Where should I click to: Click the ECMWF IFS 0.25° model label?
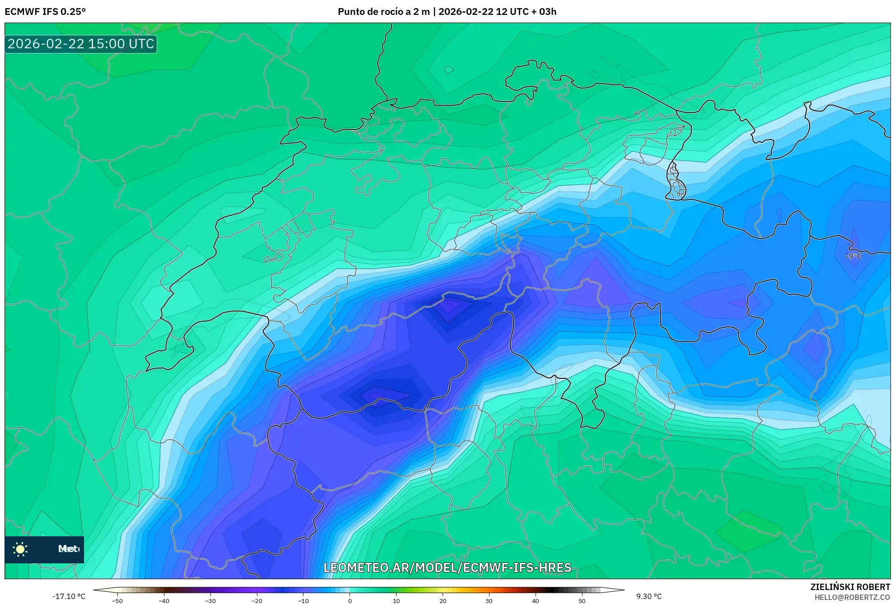[45, 12]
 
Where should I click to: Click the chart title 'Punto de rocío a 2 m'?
[383, 12]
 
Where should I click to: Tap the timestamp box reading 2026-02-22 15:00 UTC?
[81, 44]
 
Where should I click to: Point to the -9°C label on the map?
[853, 256]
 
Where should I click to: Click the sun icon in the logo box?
[20, 549]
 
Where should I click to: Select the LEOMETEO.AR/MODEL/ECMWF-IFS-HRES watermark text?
[447, 567]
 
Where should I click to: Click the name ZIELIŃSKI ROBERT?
[850, 587]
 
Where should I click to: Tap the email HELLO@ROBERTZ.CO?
[852, 597]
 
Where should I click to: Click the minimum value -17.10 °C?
[69, 596]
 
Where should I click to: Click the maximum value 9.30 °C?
[649, 596]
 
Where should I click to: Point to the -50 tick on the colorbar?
[117, 600]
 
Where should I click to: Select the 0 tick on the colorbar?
[350, 600]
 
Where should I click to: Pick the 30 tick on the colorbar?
[489, 600]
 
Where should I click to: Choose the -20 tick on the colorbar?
[256, 600]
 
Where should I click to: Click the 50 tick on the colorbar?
[582, 600]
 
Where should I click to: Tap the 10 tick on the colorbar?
[396, 600]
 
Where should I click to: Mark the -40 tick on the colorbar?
[164, 600]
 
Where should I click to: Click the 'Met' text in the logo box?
[68, 549]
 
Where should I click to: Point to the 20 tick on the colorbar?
[443, 600]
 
